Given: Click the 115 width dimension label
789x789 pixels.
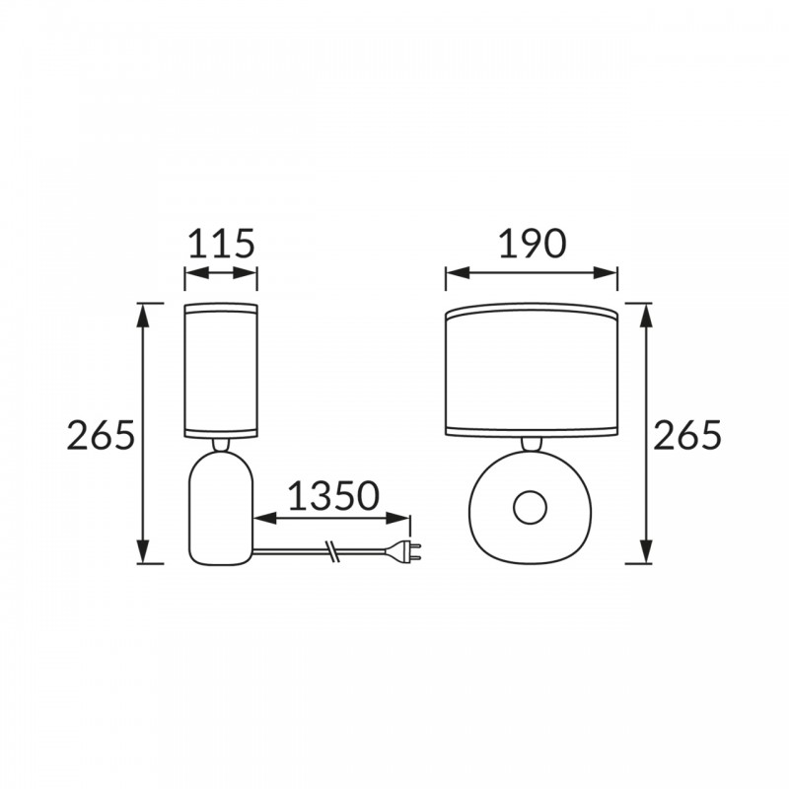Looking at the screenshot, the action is pyautogui.click(x=221, y=244).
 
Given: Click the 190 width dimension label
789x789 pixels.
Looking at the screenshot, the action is pyautogui.click(x=533, y=244).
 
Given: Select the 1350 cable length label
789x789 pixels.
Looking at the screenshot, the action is pyautogui.click(x=332, y=496).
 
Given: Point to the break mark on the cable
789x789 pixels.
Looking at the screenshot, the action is pyautogui.click(x=331, y=551).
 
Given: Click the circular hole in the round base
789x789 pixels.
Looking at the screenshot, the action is pyautogui.click(x=530, y=507).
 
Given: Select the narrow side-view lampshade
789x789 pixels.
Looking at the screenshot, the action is pyautogui.click(x=221, y=370).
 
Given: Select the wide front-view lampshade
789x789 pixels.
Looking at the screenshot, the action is pyautogui.click(x=532, y=370).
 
